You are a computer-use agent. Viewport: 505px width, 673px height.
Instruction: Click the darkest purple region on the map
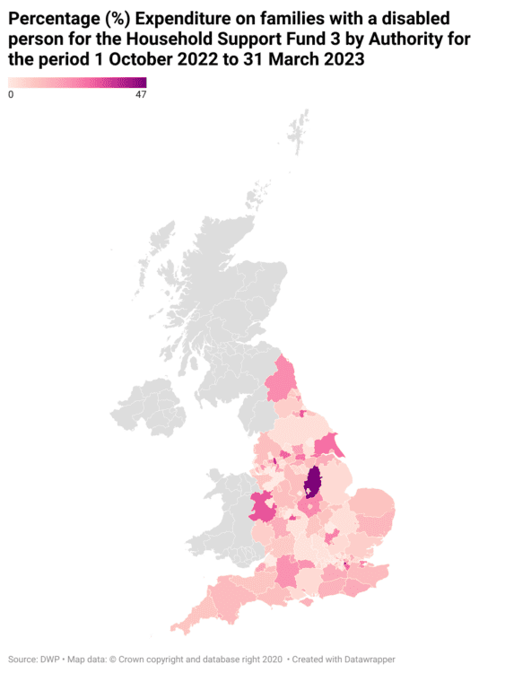point(313,483)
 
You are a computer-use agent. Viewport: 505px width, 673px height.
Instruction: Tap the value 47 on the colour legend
point(141,95)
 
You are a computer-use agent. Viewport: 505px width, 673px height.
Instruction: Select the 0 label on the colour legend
point(11,95)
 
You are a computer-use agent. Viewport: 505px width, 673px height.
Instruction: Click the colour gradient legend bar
point(77,83)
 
